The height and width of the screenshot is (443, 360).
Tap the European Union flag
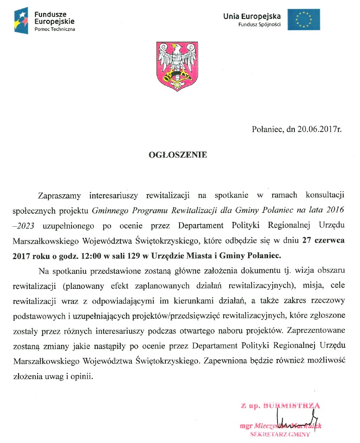304,19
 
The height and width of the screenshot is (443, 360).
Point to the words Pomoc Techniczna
54,29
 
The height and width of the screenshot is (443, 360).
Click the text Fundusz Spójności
259,25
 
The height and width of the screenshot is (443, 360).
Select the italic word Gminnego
108,210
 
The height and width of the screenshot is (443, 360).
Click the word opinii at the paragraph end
84,376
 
